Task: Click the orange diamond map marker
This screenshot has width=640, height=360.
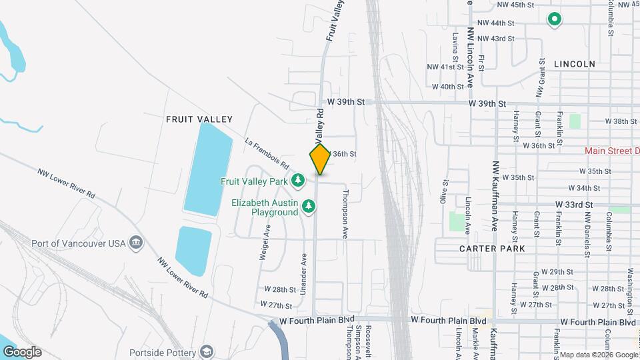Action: click(x=320, y=159)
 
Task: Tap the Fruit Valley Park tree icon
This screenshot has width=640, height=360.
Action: click(x=299, y=181)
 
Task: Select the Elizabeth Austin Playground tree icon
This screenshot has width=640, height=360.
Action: click(x=308, y=207)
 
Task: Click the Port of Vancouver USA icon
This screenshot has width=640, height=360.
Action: click(x=136, y=242)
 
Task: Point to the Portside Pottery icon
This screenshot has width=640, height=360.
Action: click(x=207, y=351)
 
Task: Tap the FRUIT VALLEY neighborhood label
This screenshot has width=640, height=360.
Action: click(x=199, y=119)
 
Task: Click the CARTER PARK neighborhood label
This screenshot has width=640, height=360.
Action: click(x=492, y=248)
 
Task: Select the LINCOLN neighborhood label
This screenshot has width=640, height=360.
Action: click(x=574, y=64)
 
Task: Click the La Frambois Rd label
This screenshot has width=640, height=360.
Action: click(x=267, y=154)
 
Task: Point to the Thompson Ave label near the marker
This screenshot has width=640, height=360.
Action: click(x=345, y=214)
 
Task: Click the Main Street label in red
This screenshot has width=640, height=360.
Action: click(x=611, y=151)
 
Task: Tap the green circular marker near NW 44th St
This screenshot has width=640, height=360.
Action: click(x=554, y=20)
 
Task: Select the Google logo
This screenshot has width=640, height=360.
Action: click(x=22, y=352)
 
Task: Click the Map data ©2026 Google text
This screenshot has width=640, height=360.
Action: click(x=598, y=355)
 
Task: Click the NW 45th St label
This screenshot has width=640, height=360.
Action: click(x=516, y=5)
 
